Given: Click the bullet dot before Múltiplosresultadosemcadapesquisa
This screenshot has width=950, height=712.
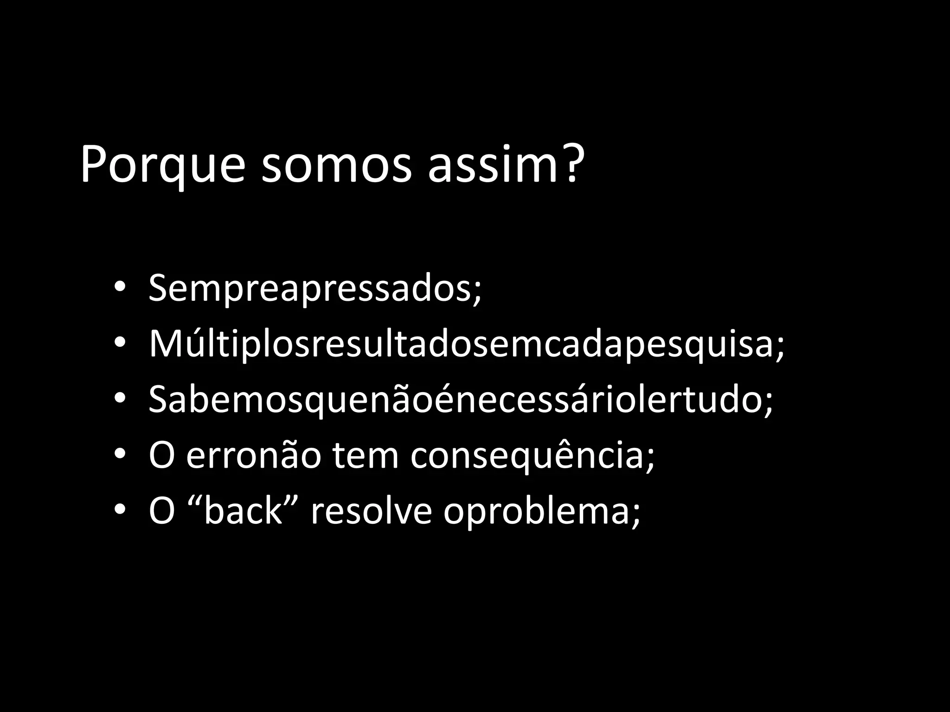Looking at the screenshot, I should point(119,343).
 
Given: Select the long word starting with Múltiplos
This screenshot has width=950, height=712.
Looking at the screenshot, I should point(459,344).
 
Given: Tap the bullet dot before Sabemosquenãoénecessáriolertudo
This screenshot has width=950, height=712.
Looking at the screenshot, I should point(119,399).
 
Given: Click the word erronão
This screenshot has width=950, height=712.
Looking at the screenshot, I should point(253,456).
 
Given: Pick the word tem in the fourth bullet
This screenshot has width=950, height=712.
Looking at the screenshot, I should point(365,456).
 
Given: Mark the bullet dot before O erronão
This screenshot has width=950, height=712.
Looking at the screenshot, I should point(119,455).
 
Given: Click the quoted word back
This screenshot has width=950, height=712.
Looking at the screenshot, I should point(244,511).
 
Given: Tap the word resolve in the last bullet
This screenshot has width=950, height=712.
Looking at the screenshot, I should point(371,511).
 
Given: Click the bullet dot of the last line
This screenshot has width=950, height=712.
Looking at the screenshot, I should point(119,510).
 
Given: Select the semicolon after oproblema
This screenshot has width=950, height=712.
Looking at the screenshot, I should point(635,515).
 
